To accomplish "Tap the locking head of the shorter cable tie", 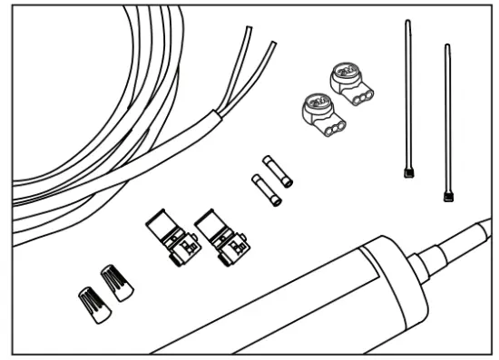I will [x=446, y=194].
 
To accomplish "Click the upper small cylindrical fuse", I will [x=278, y=170].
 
